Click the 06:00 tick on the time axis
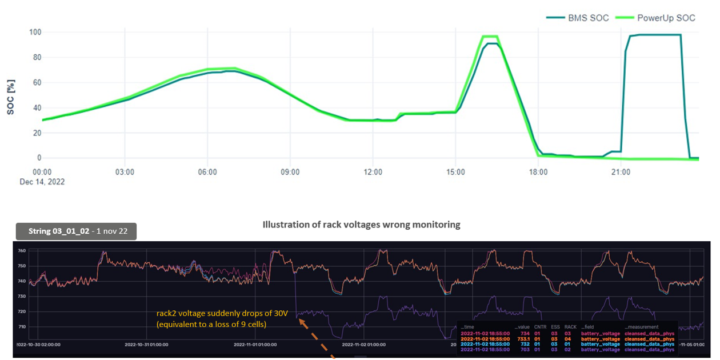(207, 171)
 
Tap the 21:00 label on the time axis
(621, 171)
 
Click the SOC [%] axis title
(11, 97)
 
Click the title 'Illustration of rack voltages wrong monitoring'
(361, 225)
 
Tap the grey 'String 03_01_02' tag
(75, 231)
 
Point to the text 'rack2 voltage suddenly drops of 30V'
(212, 313)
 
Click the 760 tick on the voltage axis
(22, 251)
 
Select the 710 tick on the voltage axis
(22, 327)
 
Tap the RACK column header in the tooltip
(570, 327)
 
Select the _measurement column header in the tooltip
(643, 327)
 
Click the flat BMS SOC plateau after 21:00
(657, 35)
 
